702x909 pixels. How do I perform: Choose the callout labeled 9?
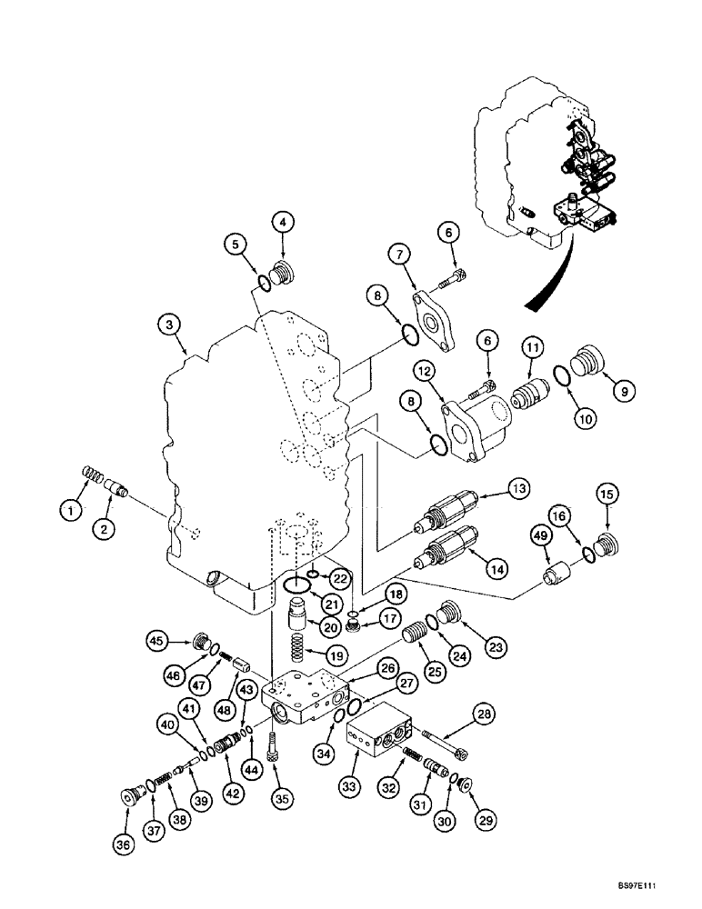pyautogui.click(x=624, y=391)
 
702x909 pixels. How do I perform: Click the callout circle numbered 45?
pyautogui.click(x=157, y=642)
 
